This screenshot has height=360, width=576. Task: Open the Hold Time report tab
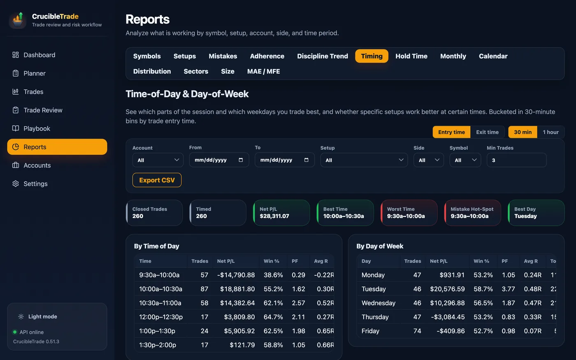pos(411,56)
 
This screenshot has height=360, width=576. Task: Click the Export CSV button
pos(157,180)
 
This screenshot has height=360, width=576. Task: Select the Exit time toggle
pos(487,132)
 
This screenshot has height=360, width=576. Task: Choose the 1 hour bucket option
pos(550,132)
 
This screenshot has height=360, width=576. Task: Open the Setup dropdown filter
pos(364,160)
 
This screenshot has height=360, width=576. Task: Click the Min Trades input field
pos(516,160)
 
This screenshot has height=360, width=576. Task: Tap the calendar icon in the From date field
pos(241,160)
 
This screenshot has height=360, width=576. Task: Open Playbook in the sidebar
pos(37,128)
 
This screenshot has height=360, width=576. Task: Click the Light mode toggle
pos(37,316)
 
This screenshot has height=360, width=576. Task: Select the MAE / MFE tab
pos(263,71)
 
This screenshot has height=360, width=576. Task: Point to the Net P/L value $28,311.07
pos(274,216)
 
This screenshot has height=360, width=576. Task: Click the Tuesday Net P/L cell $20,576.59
pos(448,289)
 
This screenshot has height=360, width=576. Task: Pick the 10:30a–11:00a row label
pos(160,303)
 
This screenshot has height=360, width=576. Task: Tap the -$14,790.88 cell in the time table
pos(236,275)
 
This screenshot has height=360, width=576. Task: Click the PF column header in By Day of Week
pos(504,261)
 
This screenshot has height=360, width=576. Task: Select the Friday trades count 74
pos(417,331)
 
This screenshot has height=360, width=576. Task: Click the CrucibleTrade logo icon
pos(18,20)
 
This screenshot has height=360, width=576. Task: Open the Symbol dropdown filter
pos(465,160)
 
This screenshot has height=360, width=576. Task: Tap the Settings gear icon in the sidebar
pos(16,183)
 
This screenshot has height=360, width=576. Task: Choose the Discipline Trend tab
pos(323,56)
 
